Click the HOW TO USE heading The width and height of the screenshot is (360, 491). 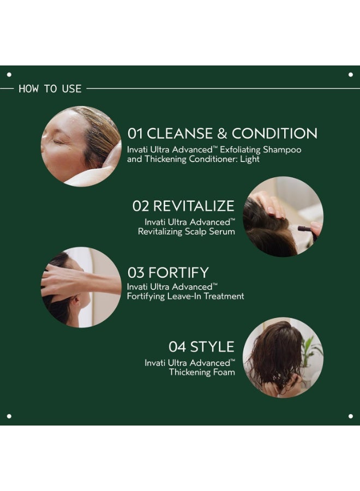coord(50,88)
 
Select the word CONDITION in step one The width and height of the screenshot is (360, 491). coord(274,134)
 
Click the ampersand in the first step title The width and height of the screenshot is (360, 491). coord(221,134)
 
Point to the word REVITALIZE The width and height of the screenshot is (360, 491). coord(194,206)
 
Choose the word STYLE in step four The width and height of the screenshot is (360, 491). coord(212,347)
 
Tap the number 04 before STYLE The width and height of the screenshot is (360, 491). coord(177,347)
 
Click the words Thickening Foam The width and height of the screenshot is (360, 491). coord(202,373)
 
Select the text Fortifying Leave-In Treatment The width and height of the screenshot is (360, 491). coord(185,296)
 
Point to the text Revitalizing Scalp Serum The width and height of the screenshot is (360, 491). coord(186,232)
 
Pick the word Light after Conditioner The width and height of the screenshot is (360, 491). coord(249,159)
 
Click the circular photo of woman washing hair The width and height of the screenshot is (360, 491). coord(81,146)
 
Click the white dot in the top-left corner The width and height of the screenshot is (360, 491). coord(9,74)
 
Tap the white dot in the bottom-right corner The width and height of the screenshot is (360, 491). coord(350,416)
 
